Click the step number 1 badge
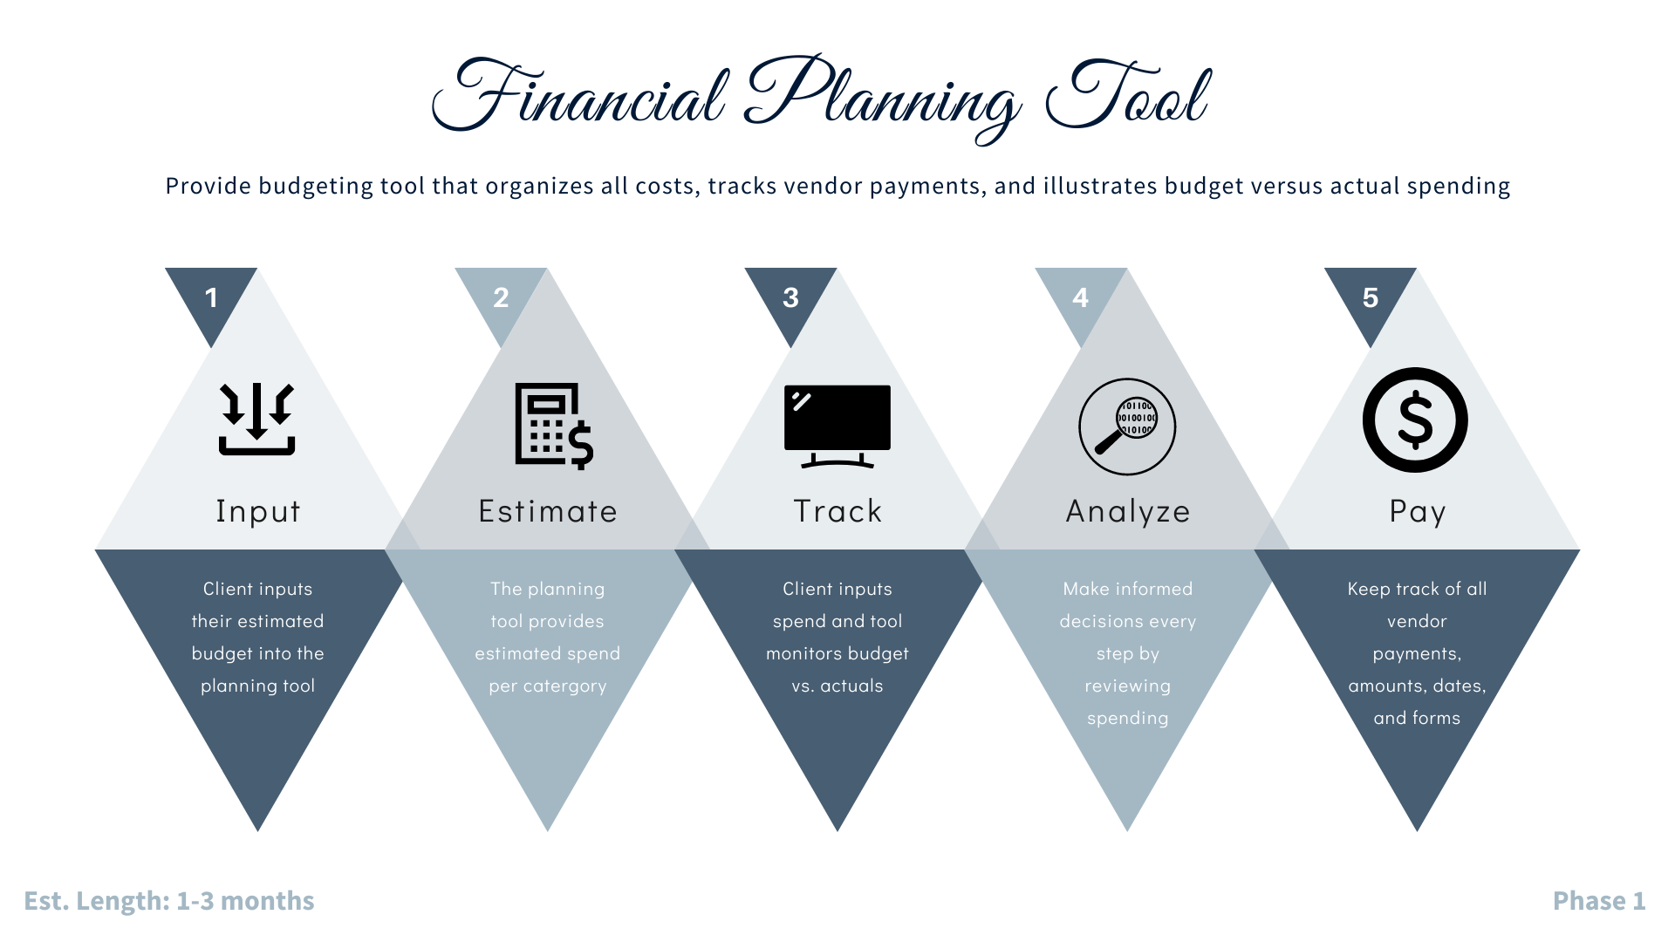(x=211, y=298)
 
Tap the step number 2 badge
(x=501, y=298)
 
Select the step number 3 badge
(x=790, y=298)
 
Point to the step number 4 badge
(x=1080, y=298)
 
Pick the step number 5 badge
(x=1370, y=298)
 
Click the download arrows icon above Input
(x=257, y=420)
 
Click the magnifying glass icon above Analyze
(x=1127, y=427)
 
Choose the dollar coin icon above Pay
(x=1415, y=420)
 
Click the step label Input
(x=258, y=511)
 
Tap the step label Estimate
(x=548, y=511)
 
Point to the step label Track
(x=837, y=511)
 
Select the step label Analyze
(x=1128, y=511)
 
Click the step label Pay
(x=1418, y=511)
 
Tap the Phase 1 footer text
(x=1599, y=901)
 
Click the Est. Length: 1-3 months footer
(x=169, y=901)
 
